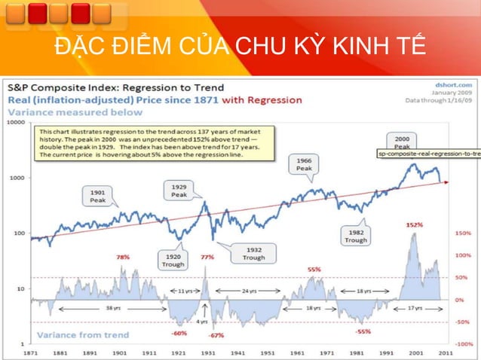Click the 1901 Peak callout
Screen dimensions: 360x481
pos(98,197)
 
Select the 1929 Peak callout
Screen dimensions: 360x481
pos(179,191)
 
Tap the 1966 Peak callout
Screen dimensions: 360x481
pos(304,165)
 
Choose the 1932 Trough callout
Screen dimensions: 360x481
pos(253,252)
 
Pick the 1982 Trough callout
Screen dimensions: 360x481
pos(355,235)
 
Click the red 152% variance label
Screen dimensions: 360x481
pos(413,224)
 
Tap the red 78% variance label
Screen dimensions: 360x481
pos(123,257)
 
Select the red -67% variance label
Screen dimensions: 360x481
pos(217,334)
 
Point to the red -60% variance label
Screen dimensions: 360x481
pos(179,332)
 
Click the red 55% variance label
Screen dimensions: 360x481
pos(314,269)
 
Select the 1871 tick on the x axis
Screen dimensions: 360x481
pos(32,352)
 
